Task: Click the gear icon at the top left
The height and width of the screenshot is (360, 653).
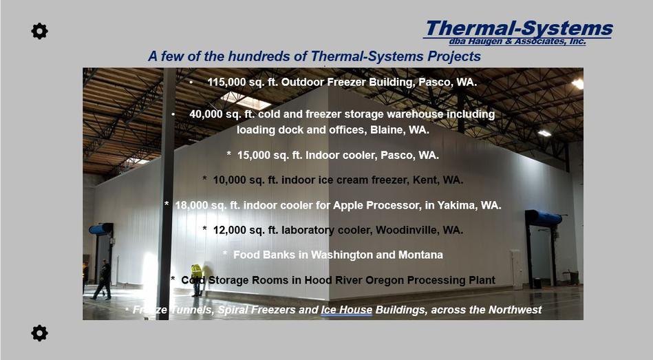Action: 39,31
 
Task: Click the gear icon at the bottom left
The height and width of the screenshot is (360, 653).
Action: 39,333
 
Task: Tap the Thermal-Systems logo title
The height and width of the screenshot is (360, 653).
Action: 519,28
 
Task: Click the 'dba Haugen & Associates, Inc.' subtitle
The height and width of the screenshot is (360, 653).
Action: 517,41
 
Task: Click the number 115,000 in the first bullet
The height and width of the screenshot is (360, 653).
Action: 226,82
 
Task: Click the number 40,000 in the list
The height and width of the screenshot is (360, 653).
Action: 206,114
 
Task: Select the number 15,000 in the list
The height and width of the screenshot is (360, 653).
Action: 254,156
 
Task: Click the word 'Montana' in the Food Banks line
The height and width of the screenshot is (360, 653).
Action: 420,255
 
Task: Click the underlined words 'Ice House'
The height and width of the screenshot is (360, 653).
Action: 347,310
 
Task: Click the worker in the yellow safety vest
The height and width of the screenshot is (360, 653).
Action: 197,279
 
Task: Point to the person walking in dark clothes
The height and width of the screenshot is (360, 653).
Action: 103,279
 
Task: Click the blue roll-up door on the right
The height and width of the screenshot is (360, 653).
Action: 543,218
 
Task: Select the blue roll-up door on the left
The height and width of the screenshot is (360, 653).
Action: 100,229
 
